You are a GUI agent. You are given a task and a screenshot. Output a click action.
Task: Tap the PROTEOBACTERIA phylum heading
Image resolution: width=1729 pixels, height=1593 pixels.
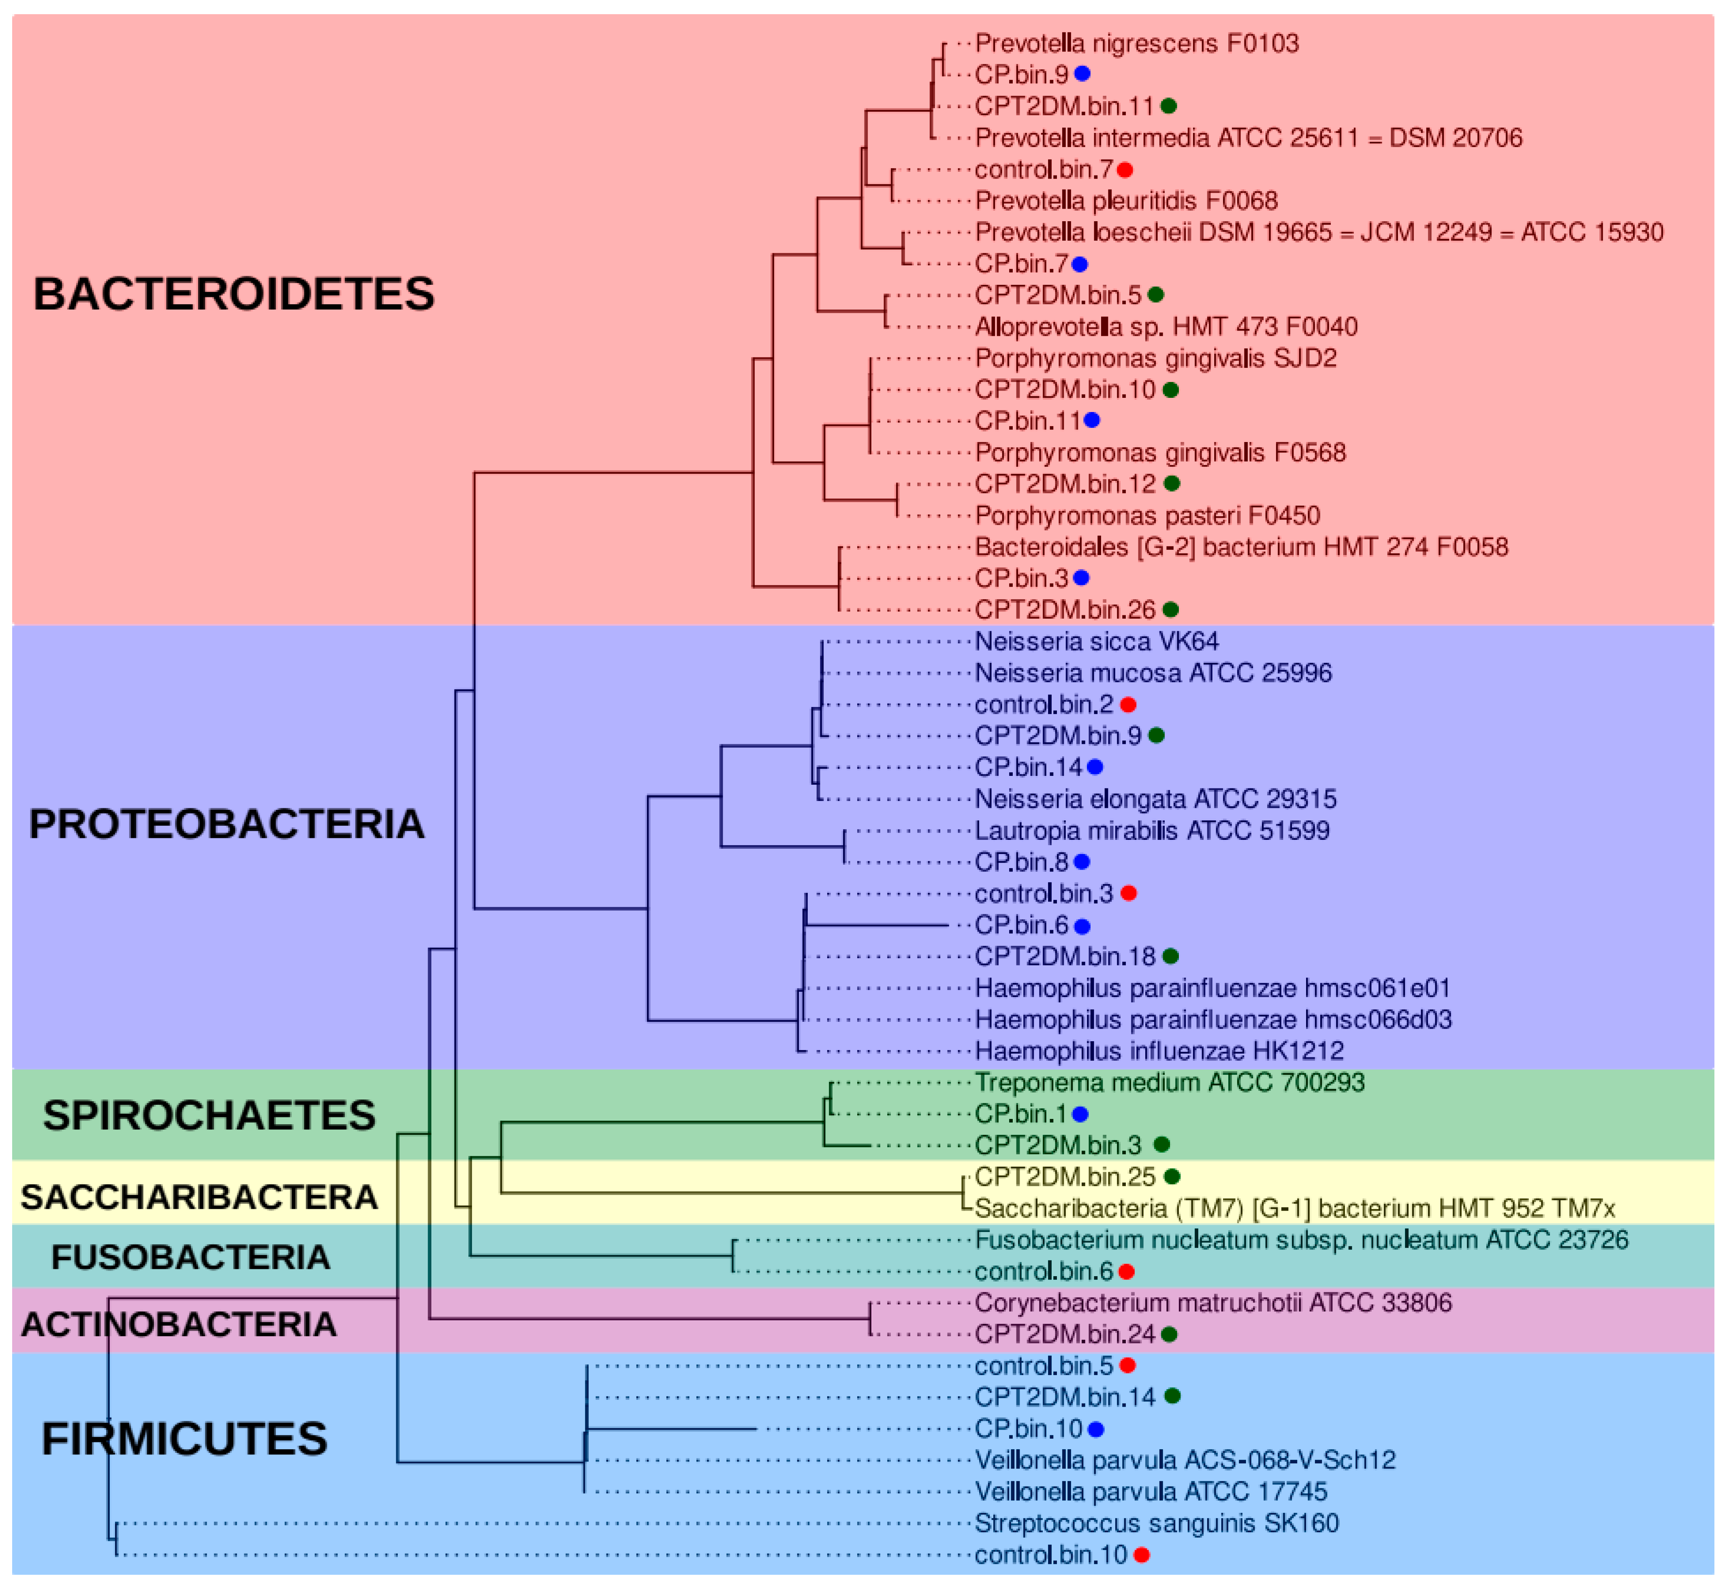point(227,824)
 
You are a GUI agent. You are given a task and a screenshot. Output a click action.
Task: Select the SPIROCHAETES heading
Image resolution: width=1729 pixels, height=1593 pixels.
point(209,1115)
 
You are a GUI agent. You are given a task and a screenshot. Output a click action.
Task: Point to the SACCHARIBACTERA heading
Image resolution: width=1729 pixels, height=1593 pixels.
point(199,1197)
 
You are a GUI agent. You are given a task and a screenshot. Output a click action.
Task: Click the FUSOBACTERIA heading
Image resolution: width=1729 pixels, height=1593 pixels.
point(190,1258)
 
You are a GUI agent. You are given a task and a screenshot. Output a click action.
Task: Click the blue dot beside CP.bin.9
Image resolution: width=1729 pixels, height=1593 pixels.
point(1082,74)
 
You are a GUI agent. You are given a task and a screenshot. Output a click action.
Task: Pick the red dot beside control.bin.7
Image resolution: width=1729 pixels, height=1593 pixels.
point(1125,170)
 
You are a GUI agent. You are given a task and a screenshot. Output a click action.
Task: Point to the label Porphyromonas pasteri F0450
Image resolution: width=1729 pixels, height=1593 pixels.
point(1147,515)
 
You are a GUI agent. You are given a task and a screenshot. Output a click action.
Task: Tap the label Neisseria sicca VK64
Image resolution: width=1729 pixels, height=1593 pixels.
point(1096,641)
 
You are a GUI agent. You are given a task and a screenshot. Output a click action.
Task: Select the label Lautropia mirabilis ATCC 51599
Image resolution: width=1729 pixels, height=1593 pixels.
point(1151,830)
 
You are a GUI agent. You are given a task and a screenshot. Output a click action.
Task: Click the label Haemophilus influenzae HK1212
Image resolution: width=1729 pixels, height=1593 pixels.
point(1159,1051)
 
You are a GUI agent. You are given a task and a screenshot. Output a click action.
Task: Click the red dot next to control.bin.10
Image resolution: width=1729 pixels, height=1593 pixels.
point(1142,1555)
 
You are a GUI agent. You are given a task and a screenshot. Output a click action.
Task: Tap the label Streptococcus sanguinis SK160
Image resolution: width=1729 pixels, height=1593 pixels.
point(1157,1523)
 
